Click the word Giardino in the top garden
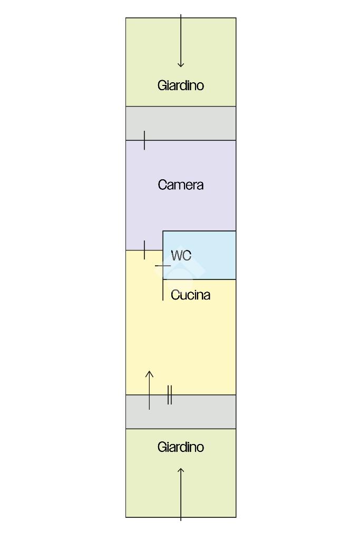pyautogui.click(x=180, y=85)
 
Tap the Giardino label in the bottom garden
pyautogui.click(x=180, y=447)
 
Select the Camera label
pyautogui.click(x=180, y=185)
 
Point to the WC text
pyautogui.click(x=181, y=256)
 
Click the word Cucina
pyautogui.click(x=190, y=295)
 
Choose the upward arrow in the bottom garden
pyautogui.click(x=181, y=494)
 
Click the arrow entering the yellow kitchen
pyautogui.click(x=149, y=390)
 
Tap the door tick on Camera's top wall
pyautogui.click(x=144, y=140)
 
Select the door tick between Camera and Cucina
pyautogui.click(x=144, y=249)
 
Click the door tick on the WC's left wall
pyautogui.click(x=162, y=266)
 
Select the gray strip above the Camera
pyautogui.click(x=180, y=123)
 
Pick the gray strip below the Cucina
pyautogui.click(x=200, y=412)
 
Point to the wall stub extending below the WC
pyautogui.click(x=162, y=290)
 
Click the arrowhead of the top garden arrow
pyautogui.click(x=181, y=64)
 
